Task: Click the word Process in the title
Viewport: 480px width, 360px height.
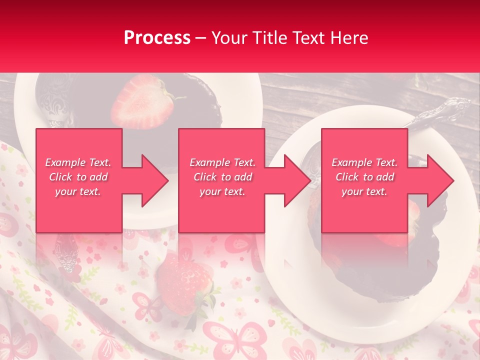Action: coord(157,38)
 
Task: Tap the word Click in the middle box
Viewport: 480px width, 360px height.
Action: coord(205,177)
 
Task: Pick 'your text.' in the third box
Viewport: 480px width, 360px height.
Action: coord(364,191)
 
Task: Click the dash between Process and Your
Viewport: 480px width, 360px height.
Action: coord(200,38)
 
